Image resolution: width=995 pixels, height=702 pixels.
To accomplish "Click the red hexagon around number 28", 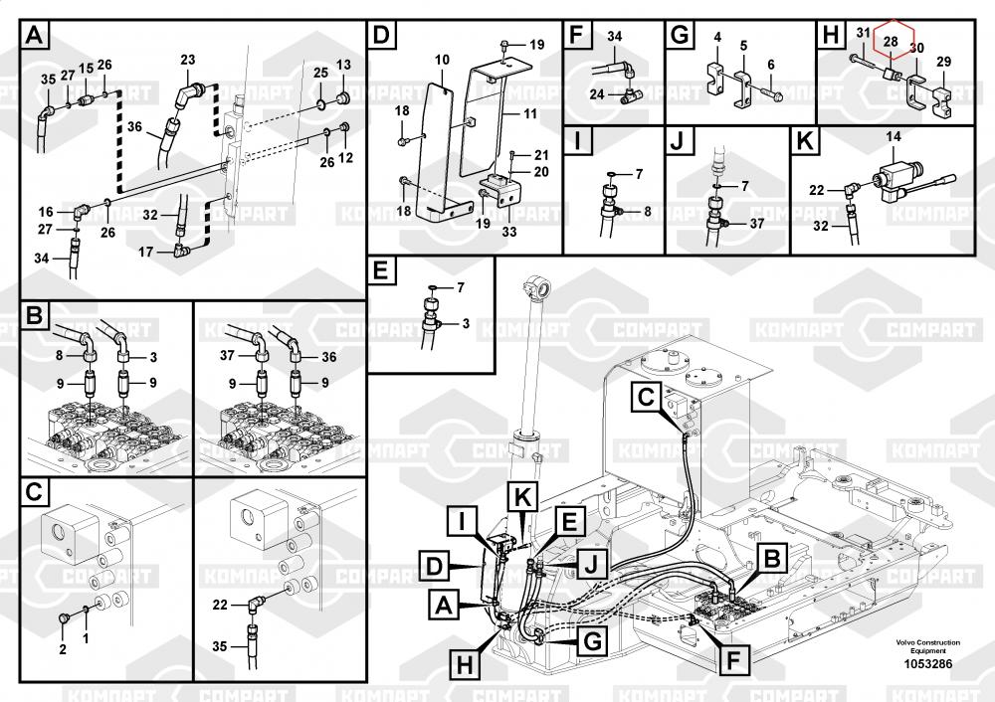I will click(892, 41).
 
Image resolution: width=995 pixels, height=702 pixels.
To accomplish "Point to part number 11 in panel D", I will click(530, 114).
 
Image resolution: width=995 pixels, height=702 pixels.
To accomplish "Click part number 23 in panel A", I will click(187, 61).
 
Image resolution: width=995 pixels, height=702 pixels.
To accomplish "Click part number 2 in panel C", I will click(62, 649).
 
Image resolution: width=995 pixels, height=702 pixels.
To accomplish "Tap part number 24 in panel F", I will click(596, 94).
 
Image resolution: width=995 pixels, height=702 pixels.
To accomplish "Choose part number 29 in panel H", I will click(943, 62).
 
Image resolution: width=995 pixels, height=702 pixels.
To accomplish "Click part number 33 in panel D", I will click(509, 233).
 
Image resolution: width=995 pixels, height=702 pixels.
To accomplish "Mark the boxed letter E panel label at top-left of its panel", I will click(382, 271).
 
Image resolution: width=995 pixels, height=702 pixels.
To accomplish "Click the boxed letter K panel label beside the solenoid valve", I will click(807, 140).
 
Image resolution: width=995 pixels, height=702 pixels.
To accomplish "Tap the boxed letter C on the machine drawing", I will click(647, 397).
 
